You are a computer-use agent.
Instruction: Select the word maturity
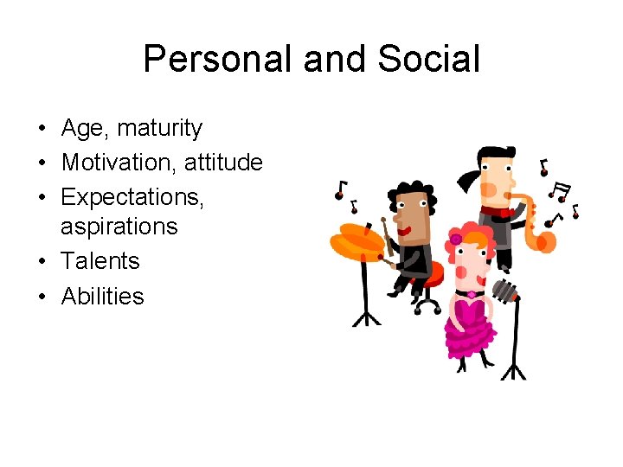pyautogui.click(x=159, y=129)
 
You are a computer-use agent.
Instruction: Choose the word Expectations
pyautogui.click(x=132, y=197)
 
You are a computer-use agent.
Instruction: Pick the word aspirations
pyautogui.click(x=119, y=227)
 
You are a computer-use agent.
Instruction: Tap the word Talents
pyautogui.click(x=100, y=261)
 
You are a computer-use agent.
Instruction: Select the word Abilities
pyautogui.click(x=102, y=296)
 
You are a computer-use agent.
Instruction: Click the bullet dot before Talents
pyautogui.click(x=42, y=262)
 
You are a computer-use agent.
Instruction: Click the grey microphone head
pyautogui.click(x=505, y=289)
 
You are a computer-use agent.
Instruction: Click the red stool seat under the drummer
pyautogui.click(x=429, y=274)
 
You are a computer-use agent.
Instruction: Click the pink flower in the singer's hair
pyautogui.click(x=455, y=239)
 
